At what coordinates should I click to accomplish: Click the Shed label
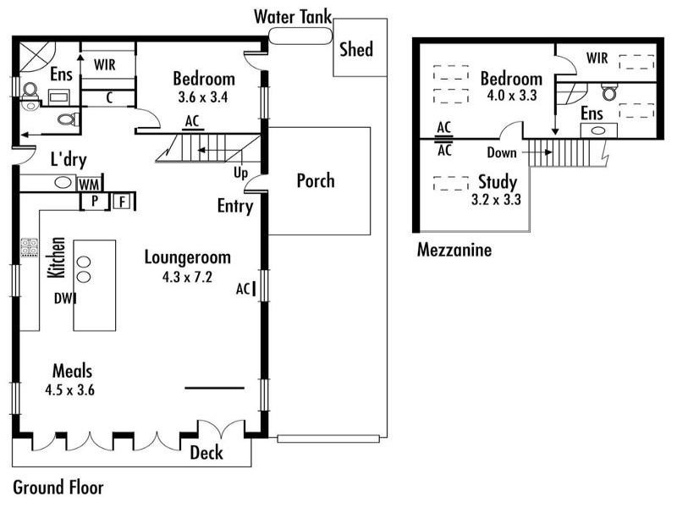356,49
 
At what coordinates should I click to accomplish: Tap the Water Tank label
293,17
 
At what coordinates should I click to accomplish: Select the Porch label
316,180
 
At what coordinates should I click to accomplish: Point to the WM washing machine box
90,185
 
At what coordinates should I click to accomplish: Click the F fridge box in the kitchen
123,202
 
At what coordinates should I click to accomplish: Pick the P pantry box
95,201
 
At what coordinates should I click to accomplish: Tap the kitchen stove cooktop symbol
30,247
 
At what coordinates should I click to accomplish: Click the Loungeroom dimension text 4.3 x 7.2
187,277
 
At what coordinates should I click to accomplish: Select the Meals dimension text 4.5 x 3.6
70,390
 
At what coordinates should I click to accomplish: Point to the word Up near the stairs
241,174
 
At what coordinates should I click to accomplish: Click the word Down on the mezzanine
502,152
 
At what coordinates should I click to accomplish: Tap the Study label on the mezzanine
498,182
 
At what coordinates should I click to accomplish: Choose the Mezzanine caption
454,250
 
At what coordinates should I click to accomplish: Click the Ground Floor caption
58,488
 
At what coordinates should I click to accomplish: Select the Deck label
206,453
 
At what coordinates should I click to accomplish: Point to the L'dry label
69,159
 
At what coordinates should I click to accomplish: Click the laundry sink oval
63,182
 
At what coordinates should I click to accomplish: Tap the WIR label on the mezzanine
597,58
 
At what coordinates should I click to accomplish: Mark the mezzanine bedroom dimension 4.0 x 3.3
512,95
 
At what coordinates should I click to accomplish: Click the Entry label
235,206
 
